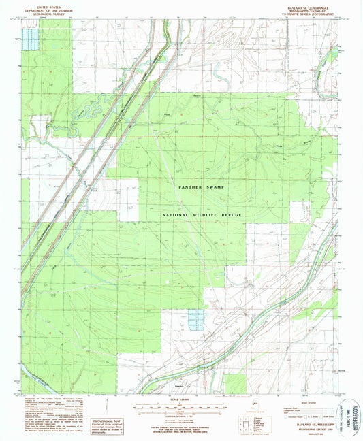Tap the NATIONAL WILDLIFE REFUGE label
(202, 215)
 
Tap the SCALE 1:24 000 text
(181, 399)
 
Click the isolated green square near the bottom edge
(236, 383)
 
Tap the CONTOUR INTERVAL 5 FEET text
(181, 417)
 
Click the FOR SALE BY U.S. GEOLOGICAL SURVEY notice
(181, 427)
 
